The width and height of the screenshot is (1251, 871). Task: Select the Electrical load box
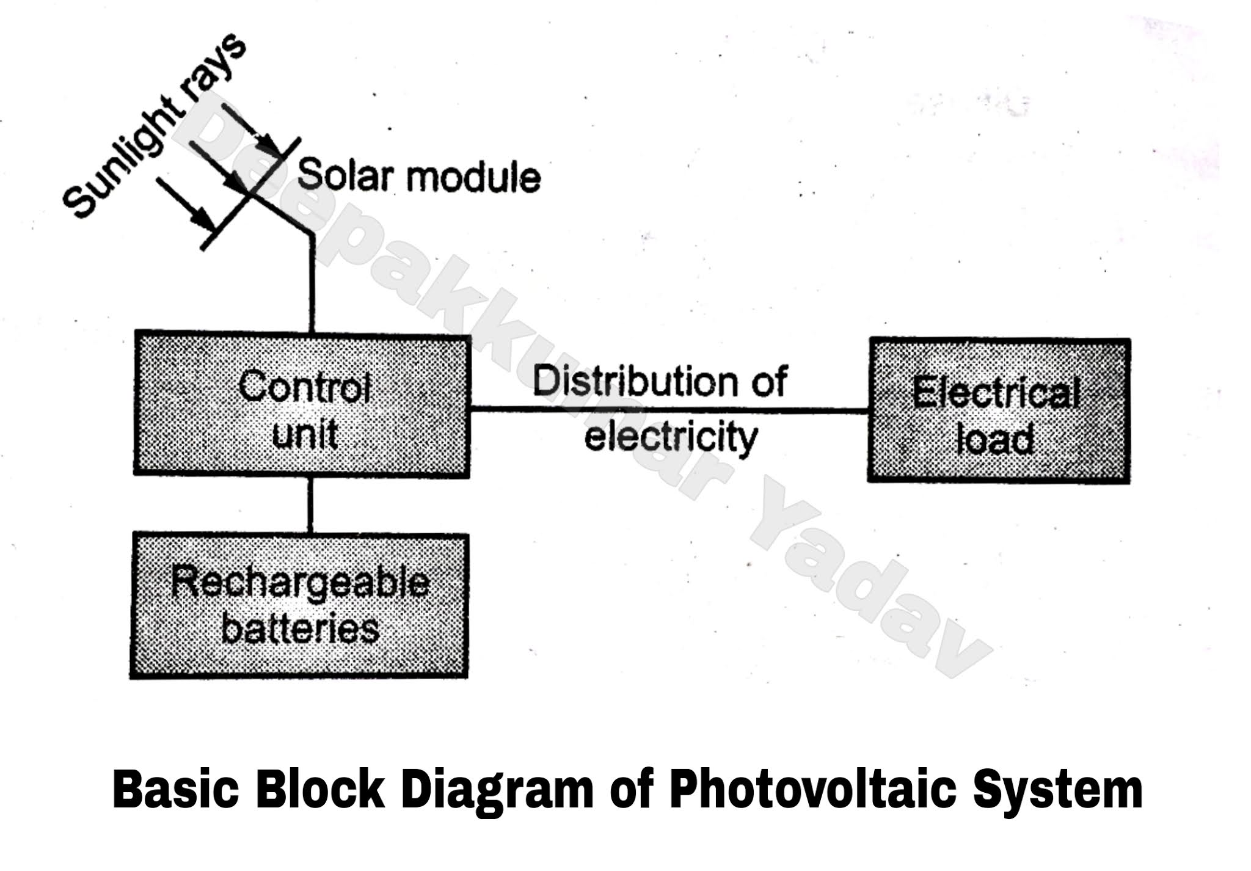coord(998,410)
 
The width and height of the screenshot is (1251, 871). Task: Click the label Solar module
coord(419,177)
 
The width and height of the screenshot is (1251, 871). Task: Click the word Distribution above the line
coord(636,381)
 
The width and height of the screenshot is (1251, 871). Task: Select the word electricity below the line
coord(671,437)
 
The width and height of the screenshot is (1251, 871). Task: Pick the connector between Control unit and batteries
coord(310,505)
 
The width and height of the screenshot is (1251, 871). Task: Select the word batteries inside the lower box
coord(300,629)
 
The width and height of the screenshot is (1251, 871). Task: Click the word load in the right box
coord(996,438)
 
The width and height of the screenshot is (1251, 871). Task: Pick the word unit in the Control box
coord(305,435)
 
